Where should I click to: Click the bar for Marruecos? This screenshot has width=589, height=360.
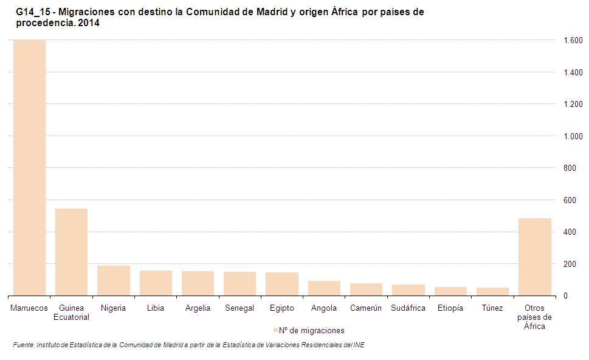[29, 167]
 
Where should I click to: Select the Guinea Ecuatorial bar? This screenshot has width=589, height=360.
[71, 252]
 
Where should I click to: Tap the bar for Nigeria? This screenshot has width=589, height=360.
[114, 280]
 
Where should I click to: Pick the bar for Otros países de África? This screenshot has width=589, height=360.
[534, 257]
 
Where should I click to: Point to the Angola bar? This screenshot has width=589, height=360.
[324, 288]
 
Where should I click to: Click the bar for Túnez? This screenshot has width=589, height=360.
[492, 291]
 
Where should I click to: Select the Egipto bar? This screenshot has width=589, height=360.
[282, 284]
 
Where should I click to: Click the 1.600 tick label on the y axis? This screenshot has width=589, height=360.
[573, 41]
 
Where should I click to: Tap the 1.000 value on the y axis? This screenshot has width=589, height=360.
[573, 137]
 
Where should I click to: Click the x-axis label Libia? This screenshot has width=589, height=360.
[156, 308]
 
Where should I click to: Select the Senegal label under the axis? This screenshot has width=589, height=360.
[239, 308]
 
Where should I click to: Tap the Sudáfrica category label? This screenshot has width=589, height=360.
[408, 308]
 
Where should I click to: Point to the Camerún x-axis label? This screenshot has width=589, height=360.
[366, 308]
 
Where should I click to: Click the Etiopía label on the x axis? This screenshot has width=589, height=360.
[450, 308]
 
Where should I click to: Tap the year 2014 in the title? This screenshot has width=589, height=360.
[88, 23]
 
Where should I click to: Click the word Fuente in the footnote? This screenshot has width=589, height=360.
[23, 345]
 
